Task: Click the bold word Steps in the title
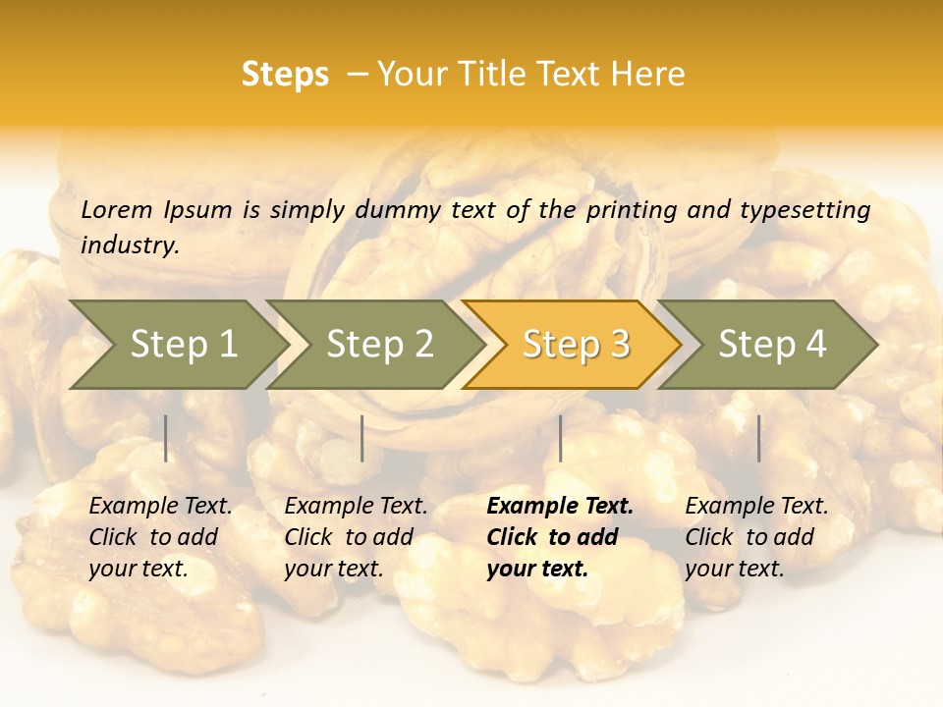285,76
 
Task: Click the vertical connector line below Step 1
166,438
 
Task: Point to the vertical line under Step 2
362,438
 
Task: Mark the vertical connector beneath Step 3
560,438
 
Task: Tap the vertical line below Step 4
759,438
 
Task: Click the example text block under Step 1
160,537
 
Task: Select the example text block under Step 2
356,537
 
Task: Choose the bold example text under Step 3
560,537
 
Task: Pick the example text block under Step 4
756,537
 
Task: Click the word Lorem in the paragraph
117,209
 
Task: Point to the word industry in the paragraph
130,245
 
